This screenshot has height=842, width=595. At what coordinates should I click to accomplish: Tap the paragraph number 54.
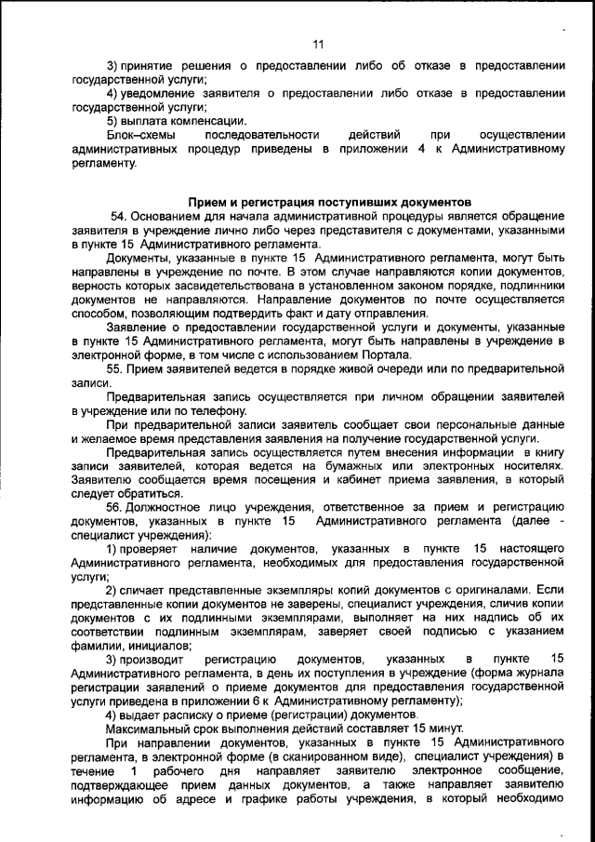click(118, 216)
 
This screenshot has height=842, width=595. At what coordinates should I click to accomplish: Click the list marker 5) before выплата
click(112, 121)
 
